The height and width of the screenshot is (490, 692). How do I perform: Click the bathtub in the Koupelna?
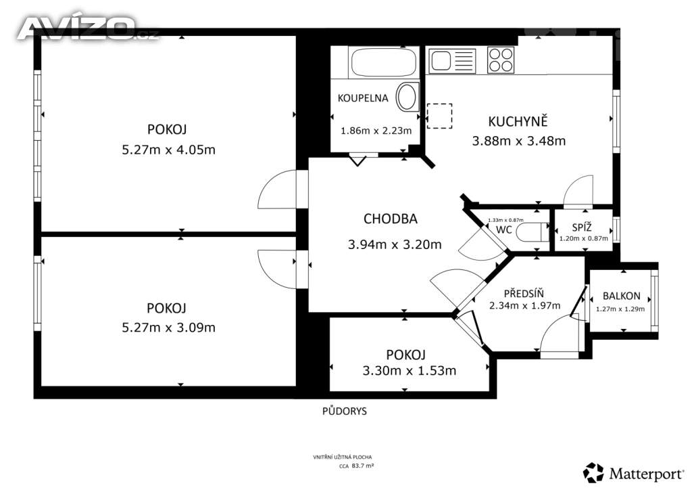tap(383, 62)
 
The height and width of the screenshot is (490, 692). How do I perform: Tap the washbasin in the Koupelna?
tap(407, 97)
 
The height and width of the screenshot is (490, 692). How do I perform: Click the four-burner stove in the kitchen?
tap(501, 60)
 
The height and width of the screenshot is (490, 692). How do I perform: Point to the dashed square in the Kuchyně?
tap(439, 116)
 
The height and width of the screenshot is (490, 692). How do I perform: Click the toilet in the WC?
tap(531, 232)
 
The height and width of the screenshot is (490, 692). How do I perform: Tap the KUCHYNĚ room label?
tap(518, 122)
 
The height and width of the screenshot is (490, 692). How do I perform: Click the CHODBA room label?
tap(390, 219)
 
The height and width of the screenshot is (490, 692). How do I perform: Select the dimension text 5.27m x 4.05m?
tap(168, 150)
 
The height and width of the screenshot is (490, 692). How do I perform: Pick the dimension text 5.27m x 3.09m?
tap(168, 328)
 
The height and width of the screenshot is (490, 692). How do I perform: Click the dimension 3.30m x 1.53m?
tap(409, 370)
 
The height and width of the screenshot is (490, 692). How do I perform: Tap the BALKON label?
tap(622, 296)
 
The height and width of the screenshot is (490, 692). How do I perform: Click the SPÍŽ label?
tap(582, 227)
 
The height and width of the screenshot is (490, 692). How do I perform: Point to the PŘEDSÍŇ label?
tap(524, 293)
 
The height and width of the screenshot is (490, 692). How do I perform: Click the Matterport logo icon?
tap(593, 473)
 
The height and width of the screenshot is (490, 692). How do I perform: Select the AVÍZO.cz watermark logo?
tap(89, 28)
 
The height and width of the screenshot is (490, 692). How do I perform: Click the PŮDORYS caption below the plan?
tap(344, 411)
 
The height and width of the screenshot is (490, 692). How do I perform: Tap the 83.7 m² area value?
tap(363, 465)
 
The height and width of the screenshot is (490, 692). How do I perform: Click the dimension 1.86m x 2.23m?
tap(376, 131)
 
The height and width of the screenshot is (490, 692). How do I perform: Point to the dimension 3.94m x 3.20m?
tap(395, 244)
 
